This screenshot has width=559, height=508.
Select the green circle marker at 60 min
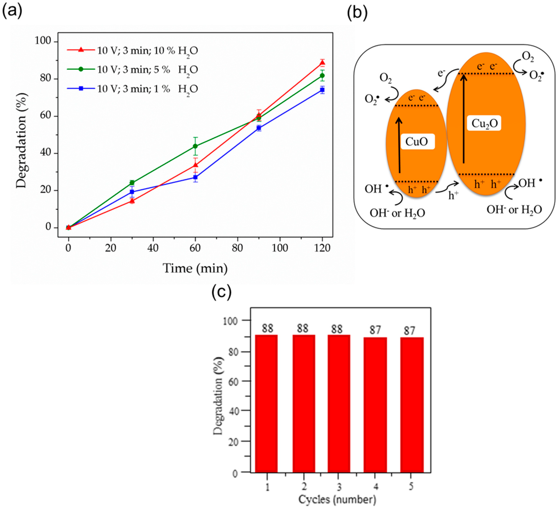(x=195, y=146)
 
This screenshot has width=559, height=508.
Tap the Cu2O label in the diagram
(x=484, y=123)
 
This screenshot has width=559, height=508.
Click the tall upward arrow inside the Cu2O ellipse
(x=464, y=119)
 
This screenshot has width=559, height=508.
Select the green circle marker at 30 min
(x=132, y=183)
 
